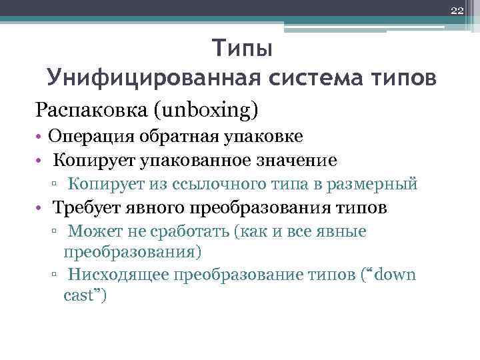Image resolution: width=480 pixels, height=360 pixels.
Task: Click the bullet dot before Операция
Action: point(41,137)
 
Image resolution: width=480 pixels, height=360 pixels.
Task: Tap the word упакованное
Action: point(199,160)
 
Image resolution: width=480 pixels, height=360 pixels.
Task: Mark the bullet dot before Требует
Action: point(41,208)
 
